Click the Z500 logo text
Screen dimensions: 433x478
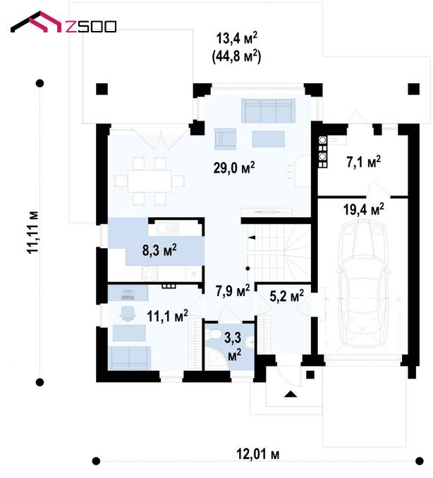(x=91, y=27)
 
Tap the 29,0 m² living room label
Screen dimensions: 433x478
(x=234, y=167)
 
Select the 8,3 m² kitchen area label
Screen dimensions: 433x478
(x=159, y=250)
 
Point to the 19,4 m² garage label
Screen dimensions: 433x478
(x=363, y=209)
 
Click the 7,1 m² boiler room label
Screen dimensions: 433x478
(x=363, y=162)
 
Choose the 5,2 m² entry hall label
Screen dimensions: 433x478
(x=286, y=295)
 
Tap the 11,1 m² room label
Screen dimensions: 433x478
(x=167, y=316)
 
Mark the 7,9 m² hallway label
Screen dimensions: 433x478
(x=233, y=290)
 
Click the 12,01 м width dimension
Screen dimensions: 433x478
(x=257, y=454)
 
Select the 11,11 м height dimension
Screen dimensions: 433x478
(x=32, y=232)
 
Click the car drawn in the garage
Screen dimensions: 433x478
(x=363, y=286)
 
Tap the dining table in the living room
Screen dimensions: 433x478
(x=150, y=180)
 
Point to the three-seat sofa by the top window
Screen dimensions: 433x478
(x=269, y=111)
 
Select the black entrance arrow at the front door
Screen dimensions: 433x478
(x=291, y=394)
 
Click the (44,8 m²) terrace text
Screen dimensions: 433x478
(x=236, y=56)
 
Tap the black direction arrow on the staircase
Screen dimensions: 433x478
(x=252, y=238)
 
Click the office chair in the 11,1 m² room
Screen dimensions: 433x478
(x=128, y=313)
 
